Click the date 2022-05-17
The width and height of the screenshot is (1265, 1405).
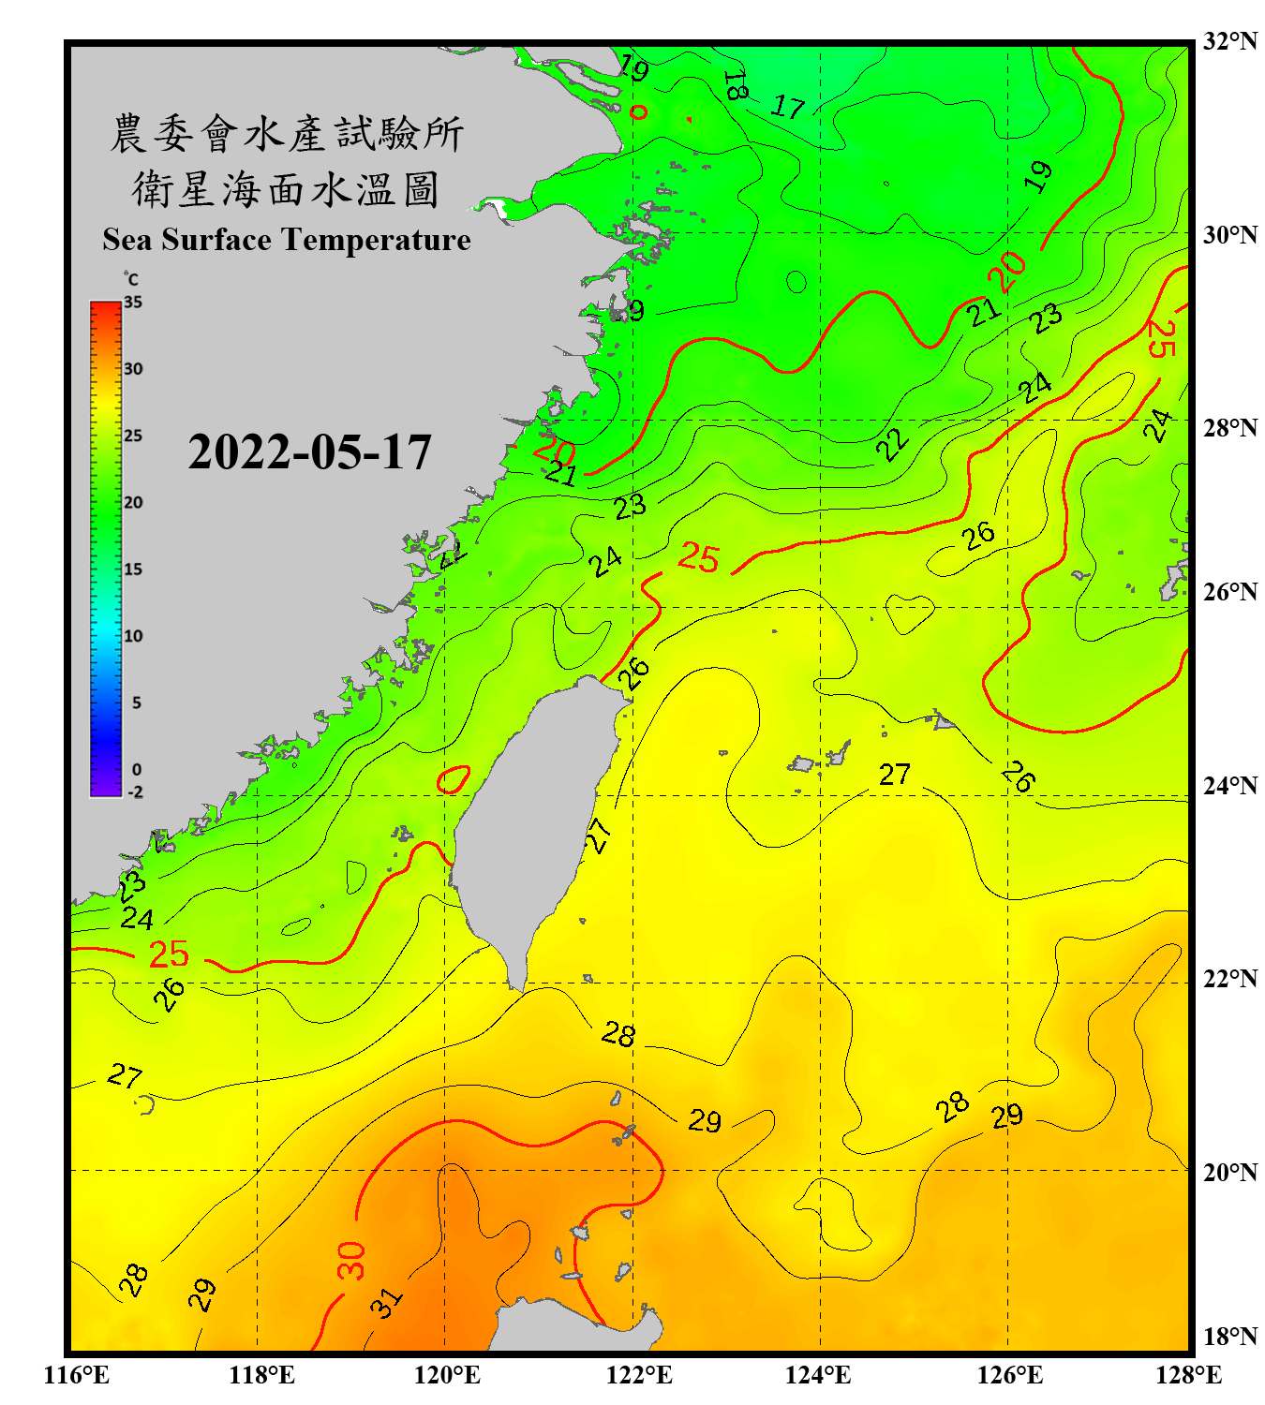tap(309, 452)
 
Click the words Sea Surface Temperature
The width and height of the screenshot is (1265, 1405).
tap(286, 240)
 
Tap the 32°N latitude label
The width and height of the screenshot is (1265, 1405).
tap(1229, 41)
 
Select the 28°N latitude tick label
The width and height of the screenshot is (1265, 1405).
tap(1229, 428)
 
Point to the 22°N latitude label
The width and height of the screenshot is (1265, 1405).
tap(1229, 979)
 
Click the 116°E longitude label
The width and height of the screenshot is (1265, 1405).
tap(77, 1375)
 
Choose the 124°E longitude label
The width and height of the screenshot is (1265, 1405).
tap(818, 1375)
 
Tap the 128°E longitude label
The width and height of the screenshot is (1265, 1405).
tap(1188, 1375)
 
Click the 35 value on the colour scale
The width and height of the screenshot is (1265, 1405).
tap(133, 303)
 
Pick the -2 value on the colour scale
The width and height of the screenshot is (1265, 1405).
tap(135, 792)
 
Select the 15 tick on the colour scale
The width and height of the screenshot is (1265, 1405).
tap(133, 569)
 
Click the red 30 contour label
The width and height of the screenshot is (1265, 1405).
tap(351, 1261)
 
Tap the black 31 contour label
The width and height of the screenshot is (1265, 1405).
tap(385, 1302)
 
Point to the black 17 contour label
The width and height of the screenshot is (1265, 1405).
tap(788, 108)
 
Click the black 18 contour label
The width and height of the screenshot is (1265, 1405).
tap(736, 85)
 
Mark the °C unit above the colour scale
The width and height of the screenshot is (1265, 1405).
tap(131, 279)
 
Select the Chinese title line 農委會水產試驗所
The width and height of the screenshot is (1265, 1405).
tap(286, 134)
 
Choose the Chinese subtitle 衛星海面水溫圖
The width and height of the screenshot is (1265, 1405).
tap(286, 189)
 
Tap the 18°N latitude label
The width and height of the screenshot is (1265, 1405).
tap(1229, 1337)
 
